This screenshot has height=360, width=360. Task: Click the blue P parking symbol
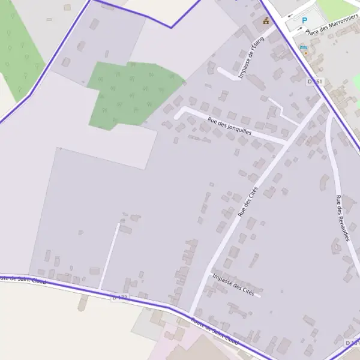coord(304,20)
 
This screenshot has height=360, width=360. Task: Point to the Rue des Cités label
coord(247,202)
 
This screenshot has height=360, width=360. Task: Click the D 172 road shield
coord(120,297)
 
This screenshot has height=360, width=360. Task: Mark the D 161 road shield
coord(315,81)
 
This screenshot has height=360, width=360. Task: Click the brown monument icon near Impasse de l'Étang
coord(266,21)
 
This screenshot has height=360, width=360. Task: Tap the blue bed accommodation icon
coord(304,47)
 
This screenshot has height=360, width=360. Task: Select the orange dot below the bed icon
coord(305,53)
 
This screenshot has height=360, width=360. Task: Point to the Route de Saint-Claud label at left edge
coord(21,279)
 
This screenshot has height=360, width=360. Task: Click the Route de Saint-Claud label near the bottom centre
coord(214,331)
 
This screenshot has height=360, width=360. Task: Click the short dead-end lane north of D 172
coord(109,255)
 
